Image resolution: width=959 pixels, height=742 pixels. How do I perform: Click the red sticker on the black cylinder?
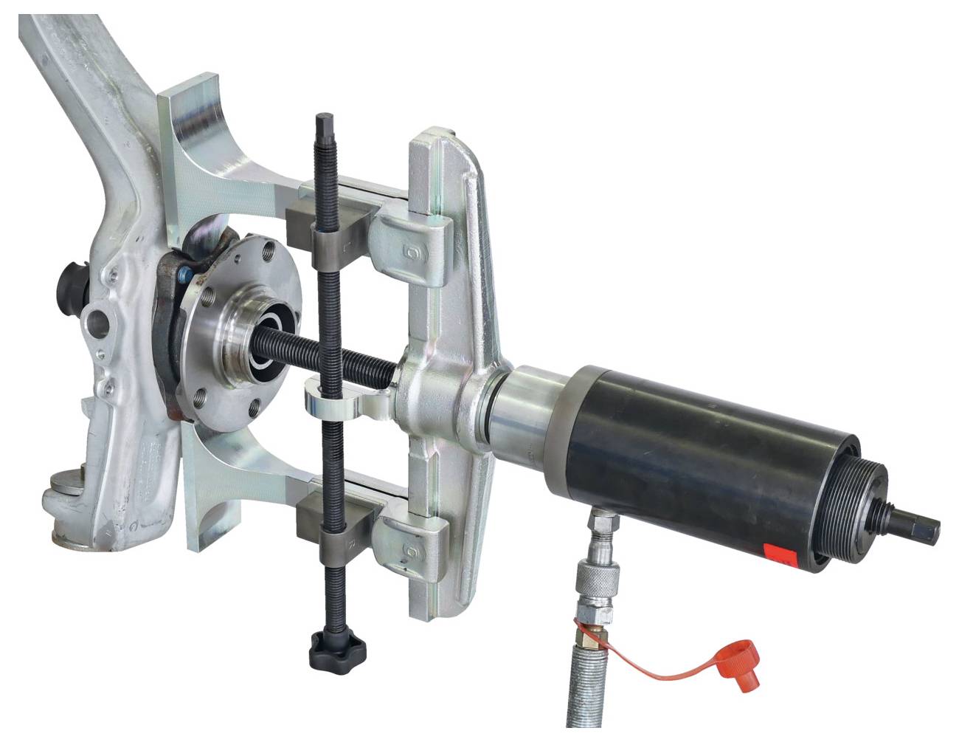coord(780,554)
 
